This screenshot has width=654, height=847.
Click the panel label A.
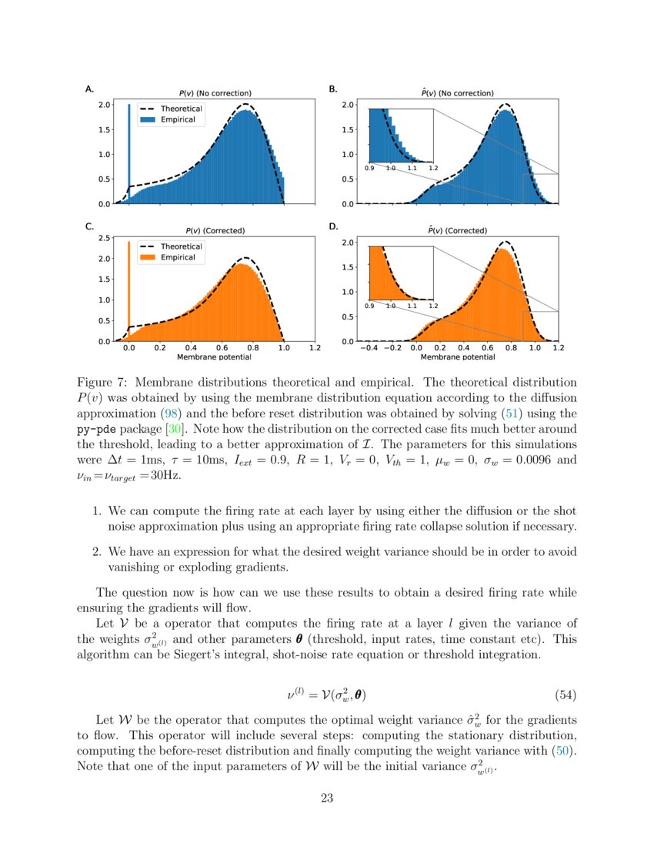[88, 89]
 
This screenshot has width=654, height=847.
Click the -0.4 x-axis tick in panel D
[369, 348]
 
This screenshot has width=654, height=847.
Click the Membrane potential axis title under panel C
[214, 357]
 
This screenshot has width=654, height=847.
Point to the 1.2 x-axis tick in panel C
[315, 348]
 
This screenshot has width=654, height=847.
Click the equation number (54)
[565, 695]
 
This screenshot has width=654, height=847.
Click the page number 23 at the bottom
[327, 798]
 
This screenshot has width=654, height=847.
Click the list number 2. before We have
[97, 551]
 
